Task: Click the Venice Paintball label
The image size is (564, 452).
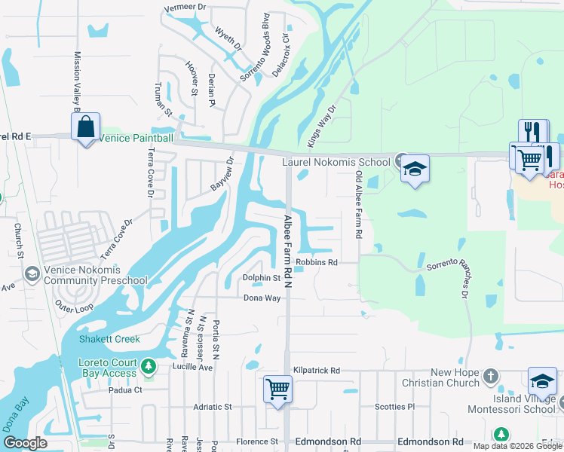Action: click(x=136, y=139)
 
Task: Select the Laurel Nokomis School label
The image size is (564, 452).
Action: click(x=336, y=161)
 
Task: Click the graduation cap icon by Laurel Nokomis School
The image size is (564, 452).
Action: click(x=414, y=168)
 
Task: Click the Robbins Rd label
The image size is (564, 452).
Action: click(x=316, y=263)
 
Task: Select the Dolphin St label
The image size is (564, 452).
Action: click(x=261, y=278)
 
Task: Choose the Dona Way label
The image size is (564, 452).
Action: click(x=262, y=298)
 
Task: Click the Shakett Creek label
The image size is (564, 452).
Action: click(x=109, y=339)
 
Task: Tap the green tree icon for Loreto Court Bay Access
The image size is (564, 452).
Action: click(x=149, y=366)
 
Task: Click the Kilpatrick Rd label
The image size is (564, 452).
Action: click(x=317, y=371)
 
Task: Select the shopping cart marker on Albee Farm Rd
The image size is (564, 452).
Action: click(x=277, y=389)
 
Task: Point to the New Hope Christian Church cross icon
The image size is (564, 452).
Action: click(x=491, y=374)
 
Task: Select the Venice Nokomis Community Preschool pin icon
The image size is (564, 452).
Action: click(x=31, y=273)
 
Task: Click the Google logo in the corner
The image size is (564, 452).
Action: click(x=26, y=443)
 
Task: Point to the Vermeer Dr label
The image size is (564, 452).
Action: click(x=185, y=7)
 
